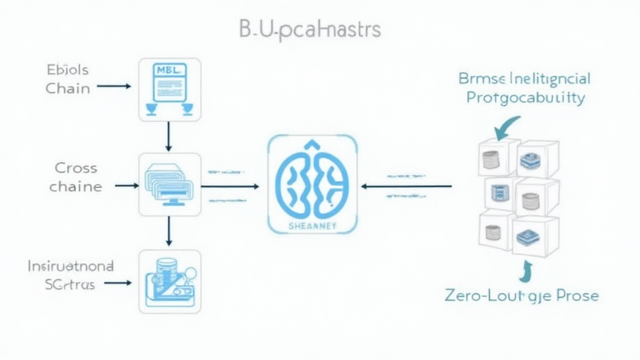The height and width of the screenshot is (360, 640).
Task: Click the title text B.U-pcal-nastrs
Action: (x=310, y=29)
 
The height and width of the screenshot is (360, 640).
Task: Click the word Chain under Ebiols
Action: (x=67, y=88)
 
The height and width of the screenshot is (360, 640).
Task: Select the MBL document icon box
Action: (x=169, y=89)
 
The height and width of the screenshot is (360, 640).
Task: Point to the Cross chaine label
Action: (x=76, y=177)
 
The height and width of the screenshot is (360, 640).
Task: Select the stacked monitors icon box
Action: (x=169, y=184)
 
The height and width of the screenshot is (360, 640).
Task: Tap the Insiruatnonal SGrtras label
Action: (x=70, y=275)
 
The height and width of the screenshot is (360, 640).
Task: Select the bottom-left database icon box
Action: (x=169, y=281)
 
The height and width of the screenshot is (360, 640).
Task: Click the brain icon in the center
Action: (x=312, y=181)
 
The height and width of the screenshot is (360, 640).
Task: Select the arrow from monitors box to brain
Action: (x=230, y=186)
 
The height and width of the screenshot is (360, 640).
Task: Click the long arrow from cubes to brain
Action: (x=406, y=186)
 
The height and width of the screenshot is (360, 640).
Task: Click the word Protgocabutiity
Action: (x=526, y=98)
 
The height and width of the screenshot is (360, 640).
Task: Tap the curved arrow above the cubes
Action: (x=506, y=126)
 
